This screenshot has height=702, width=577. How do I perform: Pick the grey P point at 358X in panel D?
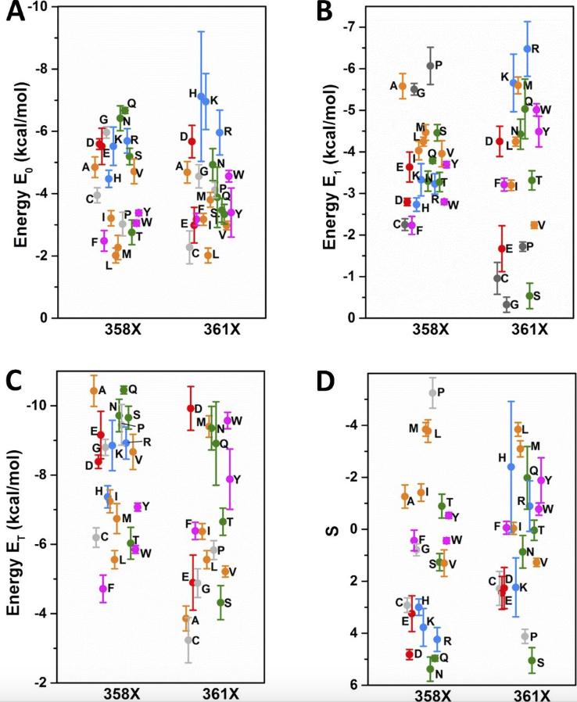click(x=432, y=392)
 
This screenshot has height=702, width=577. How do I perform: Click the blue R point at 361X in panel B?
click(x=527, y=48)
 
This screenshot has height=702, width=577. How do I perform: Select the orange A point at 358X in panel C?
click(x=94, y=391)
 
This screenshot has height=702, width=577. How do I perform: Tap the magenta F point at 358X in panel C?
click(x=102, y=588)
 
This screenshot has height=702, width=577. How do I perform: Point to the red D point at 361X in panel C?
click(x=190, y=408)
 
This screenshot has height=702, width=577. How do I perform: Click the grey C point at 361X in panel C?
click(x=188, y=639)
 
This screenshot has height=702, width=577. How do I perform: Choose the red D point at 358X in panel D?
click(x=409, y=654)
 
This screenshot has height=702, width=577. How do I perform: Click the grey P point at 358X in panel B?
click(x=430, y=66)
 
